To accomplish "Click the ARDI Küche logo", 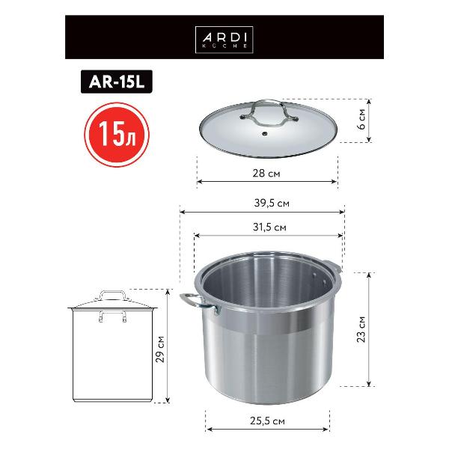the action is (224, 40).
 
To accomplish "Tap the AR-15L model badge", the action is (117, 82).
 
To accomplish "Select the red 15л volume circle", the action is (117, 135).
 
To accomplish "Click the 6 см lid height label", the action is (361, 120).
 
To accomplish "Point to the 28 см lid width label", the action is (266, 174).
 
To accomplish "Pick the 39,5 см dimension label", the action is (272, 203).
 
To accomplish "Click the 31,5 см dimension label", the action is (269, 227).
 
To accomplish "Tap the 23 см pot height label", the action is (361, 329).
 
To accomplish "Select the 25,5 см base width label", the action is (267, 421).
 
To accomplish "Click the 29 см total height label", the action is (160, 349).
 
